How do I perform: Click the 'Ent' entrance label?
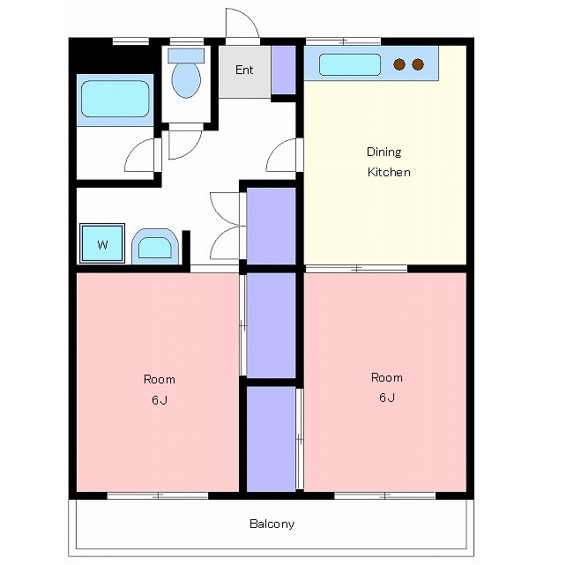point(244,70)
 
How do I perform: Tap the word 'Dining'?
point(384,152)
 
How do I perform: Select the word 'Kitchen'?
point(389,172)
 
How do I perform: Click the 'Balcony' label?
point(272,524)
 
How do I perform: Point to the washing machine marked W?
point(102,243)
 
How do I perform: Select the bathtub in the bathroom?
point(115,99)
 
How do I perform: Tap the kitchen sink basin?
point(350,65)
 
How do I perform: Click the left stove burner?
point(399,64)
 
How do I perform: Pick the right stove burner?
point(418,64)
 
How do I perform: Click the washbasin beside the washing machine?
point(155,247)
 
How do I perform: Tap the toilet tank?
point(186,56)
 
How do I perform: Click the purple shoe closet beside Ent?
point(283,70)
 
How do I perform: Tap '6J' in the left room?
point(160,400)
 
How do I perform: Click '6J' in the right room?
point(387,398)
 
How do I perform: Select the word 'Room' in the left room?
point(160,379)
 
